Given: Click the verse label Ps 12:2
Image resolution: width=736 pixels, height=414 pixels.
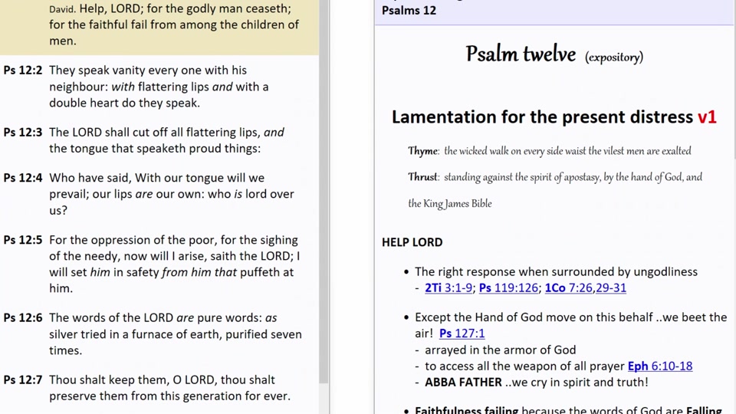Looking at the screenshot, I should point(22,71).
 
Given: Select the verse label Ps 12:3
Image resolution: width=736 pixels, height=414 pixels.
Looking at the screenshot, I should point(22,133).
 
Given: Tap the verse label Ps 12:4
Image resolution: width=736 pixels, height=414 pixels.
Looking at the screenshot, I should point(22,178).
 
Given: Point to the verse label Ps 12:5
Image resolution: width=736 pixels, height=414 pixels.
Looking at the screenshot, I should point(22,240).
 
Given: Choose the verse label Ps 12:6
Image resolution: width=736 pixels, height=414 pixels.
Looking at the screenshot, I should point(22,317).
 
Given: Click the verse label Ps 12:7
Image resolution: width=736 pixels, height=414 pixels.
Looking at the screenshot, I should point(22,379).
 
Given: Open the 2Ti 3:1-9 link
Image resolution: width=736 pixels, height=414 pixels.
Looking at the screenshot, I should point(449,288).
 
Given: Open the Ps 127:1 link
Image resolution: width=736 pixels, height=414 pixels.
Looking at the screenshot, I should point(462,333).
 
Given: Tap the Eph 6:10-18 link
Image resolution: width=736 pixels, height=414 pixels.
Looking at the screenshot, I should point(659,366).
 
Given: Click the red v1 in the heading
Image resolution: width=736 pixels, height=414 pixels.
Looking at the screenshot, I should point(707,117).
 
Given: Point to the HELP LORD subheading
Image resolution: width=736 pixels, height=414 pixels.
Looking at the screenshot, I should point(412,242).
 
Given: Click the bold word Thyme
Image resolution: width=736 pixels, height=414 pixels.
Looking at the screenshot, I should point(422,151).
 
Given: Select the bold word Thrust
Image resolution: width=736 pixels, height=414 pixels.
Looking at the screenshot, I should point(422,177).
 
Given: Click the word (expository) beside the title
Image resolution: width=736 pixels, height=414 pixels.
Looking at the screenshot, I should point(613,58).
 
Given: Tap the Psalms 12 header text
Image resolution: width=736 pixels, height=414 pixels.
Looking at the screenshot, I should point(409,11).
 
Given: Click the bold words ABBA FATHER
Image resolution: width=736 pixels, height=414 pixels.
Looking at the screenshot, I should point(463,382).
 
